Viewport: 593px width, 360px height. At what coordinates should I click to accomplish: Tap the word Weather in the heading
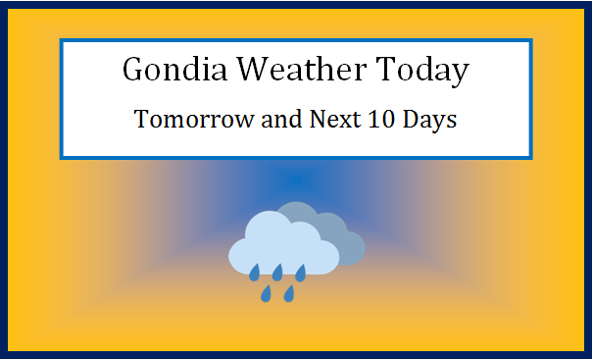[x=295, y=71]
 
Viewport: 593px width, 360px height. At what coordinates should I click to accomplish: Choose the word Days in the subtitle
[x=429, y=123]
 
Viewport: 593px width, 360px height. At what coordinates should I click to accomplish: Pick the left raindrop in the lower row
[x=266, y=292]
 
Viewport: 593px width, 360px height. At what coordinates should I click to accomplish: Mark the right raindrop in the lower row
[x=289, y=292]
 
